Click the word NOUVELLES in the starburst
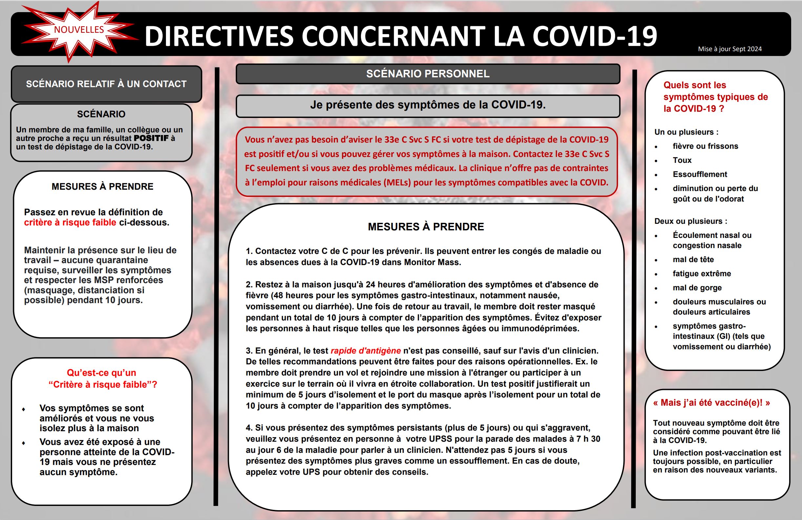coord(79,29)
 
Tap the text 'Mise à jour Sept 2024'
coord(730,49)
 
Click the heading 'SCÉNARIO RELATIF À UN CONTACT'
coord(106,84)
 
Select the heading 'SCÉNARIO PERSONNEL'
coord(428,74)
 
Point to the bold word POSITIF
coord(151,138)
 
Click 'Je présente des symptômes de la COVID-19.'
coord(428,105)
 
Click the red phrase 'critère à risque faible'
coord(70,222)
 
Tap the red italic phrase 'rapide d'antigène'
coord(366,351)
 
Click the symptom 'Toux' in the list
coord(682,160)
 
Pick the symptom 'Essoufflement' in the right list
coord(700,174)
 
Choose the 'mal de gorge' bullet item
coord(697,288)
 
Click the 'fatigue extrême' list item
coord(702,274)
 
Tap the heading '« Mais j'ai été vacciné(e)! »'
coord(712,403)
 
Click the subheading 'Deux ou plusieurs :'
coord(691,221)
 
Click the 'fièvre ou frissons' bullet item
coord(705,146)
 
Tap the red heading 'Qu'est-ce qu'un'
coord(101,373)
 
